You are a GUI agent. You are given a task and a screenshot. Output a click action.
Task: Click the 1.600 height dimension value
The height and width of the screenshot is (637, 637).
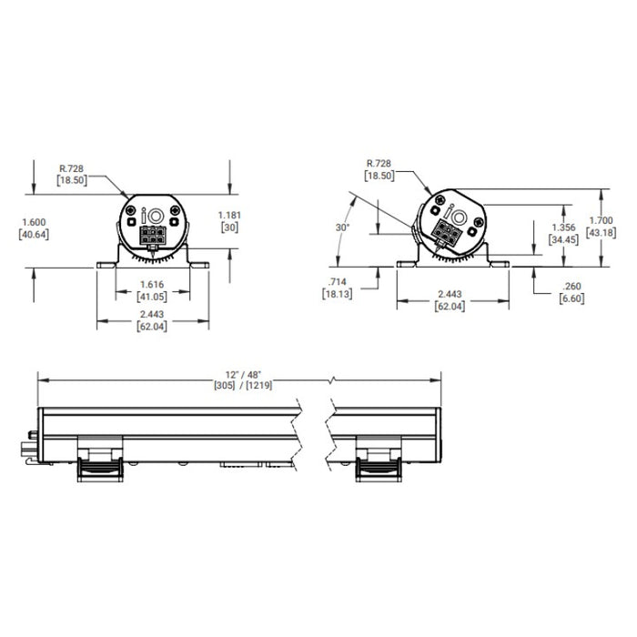point(32,221)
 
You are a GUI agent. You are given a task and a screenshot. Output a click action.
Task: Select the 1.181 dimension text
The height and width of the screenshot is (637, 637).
point(231,215)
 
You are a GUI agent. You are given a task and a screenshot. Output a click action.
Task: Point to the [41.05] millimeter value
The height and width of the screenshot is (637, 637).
point(153,296)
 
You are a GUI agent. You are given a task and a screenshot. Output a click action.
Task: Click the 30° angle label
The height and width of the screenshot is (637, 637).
point(342,227)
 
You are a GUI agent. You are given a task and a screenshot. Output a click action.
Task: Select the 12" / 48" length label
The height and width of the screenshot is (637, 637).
point(245,375)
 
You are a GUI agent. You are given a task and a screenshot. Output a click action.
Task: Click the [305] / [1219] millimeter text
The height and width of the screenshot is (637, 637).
point(245,386)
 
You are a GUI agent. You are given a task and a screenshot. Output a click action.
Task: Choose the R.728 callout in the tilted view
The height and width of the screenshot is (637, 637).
point(378,161)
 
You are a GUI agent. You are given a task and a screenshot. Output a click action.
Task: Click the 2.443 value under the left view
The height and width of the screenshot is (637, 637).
point(153,315)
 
